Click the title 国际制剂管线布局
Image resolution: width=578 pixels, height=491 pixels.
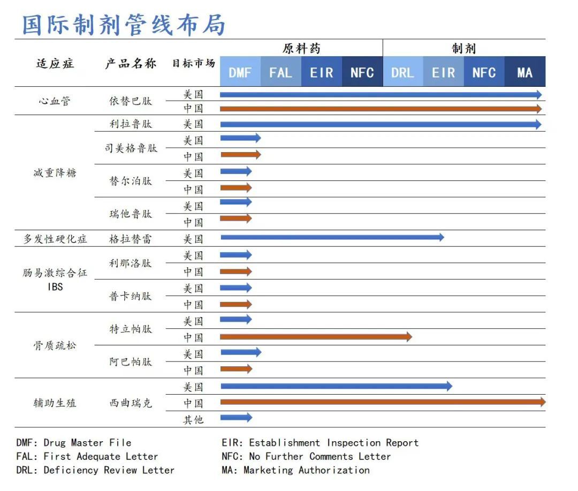124,25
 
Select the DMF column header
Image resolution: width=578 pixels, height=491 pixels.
240,72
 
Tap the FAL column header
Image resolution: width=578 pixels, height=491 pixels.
281,72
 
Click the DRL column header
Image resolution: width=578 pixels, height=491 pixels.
402,72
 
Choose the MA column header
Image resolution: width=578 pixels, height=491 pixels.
524,72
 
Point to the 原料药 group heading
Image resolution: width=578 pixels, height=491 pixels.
301,48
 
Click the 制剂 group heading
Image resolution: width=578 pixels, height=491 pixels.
463,48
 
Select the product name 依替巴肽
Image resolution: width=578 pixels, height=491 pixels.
131,101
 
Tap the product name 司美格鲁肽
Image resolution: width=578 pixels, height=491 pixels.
131,148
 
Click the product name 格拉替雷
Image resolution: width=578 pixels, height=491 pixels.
131,239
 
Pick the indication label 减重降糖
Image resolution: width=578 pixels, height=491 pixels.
55,173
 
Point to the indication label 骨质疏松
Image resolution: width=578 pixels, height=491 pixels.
55,345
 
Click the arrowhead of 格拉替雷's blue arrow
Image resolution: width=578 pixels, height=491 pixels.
440,237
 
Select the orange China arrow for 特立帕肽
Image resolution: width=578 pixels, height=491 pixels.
316,337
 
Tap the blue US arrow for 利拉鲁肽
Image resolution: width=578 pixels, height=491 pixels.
380,124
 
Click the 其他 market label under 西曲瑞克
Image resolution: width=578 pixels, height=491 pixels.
193,419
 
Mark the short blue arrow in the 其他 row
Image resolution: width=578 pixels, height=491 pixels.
235,418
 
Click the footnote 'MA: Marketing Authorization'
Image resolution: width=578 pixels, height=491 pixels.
295,470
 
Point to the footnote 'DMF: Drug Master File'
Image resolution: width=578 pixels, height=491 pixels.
74,443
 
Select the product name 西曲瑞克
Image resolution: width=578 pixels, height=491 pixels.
131,403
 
